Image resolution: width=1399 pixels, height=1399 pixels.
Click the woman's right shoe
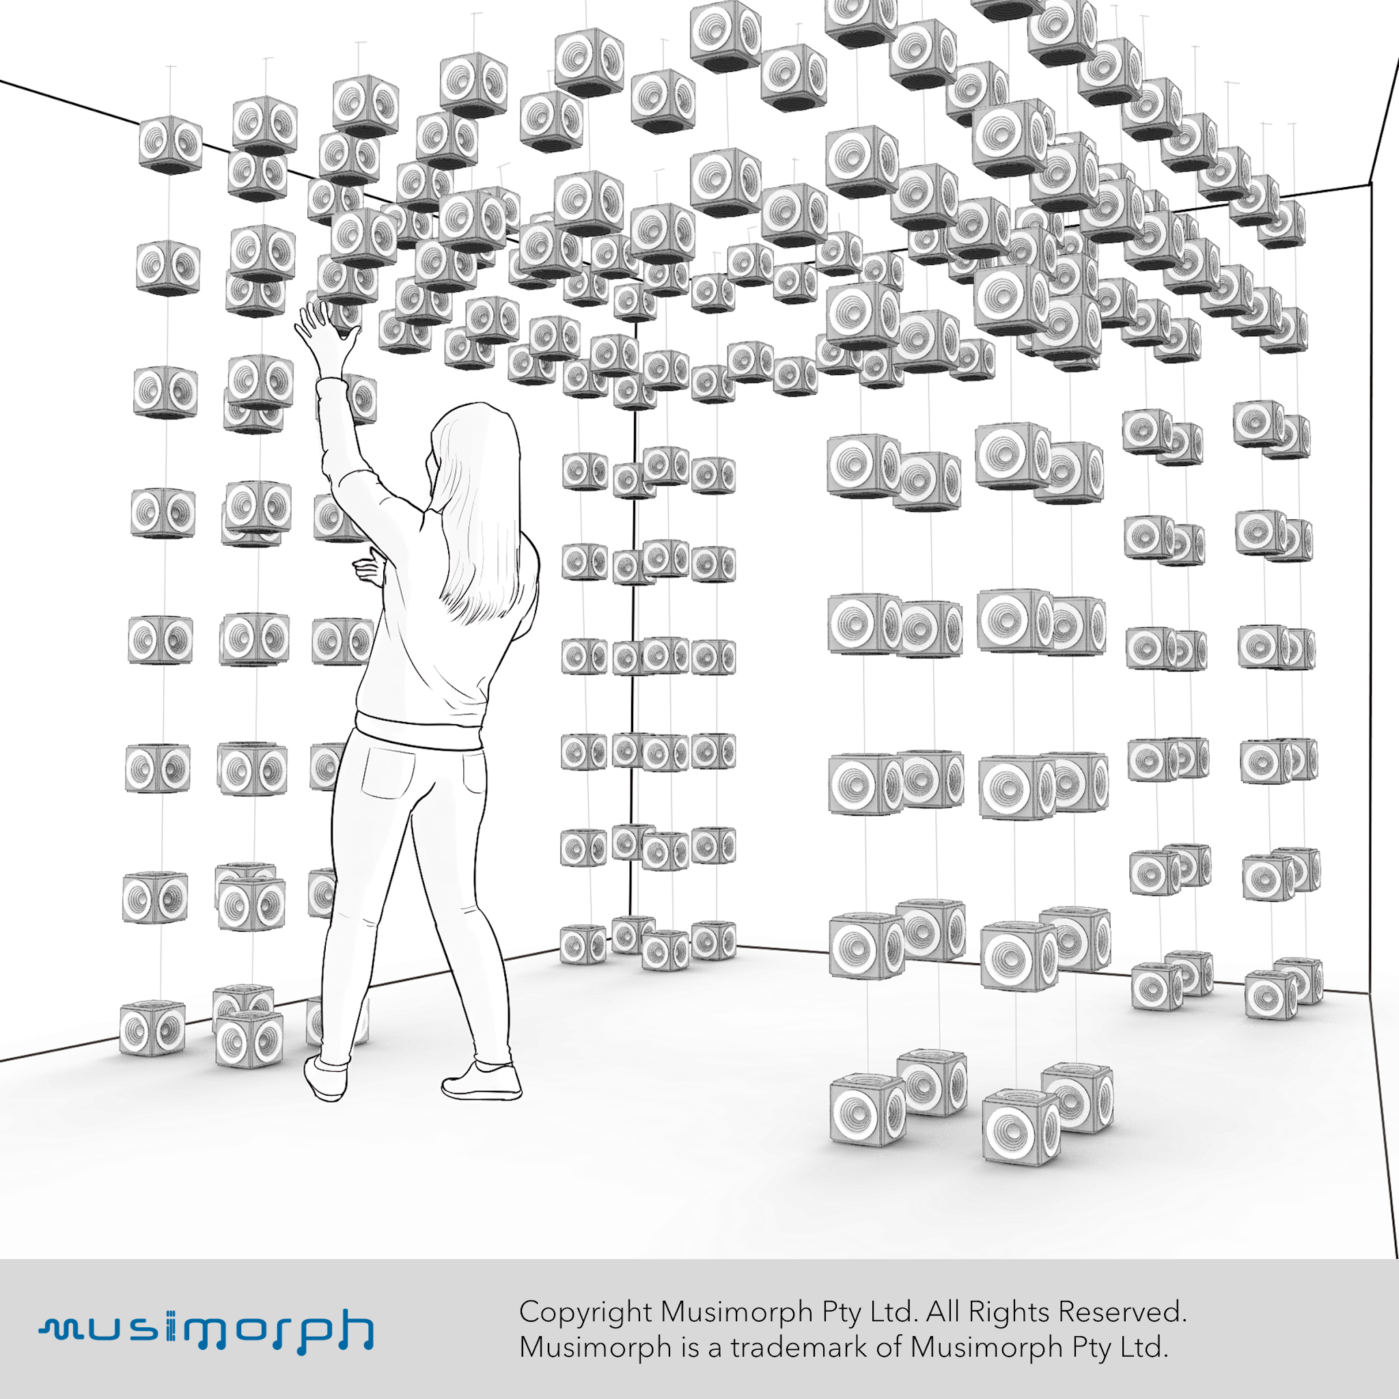click(x=482, y=1082)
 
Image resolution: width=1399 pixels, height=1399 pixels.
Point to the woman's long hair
click(x=482, y=507)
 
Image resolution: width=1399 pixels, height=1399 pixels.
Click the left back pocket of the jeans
click(x=388, y=772)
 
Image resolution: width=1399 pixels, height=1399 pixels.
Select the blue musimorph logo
click(x=206, y=1330)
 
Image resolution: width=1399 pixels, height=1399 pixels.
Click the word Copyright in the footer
click(x=586, y=1312)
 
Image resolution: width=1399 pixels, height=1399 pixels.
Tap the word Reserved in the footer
click(x=1122, y=1311)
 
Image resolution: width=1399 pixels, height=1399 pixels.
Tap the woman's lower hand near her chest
click(x=370, y=568)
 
